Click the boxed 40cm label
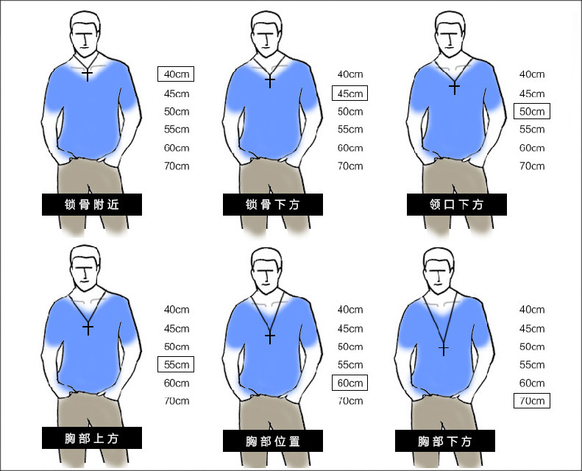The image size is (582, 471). [176, 74]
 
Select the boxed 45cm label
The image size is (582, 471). [349, 93]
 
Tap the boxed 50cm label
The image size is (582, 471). [531, 111]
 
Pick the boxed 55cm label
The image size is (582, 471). [176, 364]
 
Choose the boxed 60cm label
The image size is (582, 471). [349, 383]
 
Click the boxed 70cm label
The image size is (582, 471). [531, 401]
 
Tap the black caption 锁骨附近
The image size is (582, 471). [92, 205]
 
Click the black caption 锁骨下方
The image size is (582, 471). [273, 205]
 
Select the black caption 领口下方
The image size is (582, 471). [456, 205]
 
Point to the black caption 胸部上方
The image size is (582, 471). [92, 438]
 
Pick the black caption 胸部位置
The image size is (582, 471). [273, 441]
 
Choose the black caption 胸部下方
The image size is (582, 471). [444, 441]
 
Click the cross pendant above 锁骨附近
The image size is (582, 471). [88, 74]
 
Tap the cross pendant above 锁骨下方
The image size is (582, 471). [270, 80]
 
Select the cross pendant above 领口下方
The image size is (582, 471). [454, 88]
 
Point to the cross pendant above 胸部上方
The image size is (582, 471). [88, 327]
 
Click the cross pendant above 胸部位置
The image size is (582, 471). [270, 336]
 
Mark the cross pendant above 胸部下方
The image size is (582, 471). [444, 349]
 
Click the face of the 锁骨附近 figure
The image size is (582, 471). [86, 39]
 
